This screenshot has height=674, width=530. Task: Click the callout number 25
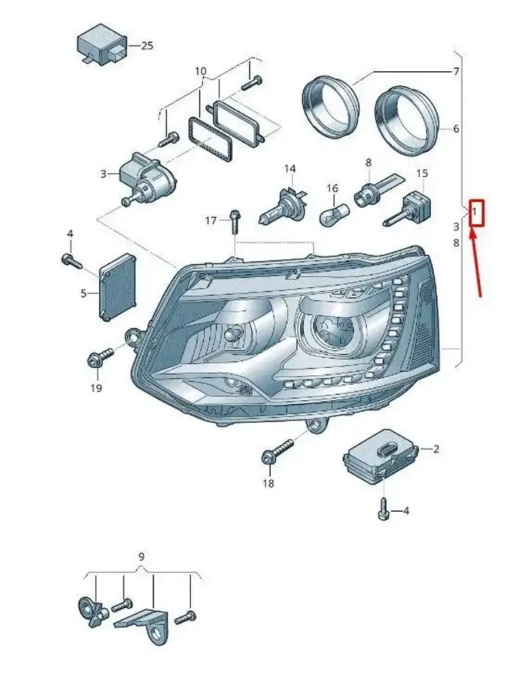(x=147, y=46)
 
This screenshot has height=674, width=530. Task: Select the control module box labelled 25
(x=102, y=43)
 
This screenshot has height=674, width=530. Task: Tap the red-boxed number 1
(x=474, y=212)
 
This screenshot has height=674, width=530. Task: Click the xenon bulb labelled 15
(x=407, y=210)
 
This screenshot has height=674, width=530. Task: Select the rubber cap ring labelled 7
(x=330, y=106)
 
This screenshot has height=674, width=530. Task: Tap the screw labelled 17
(x=235, y=222)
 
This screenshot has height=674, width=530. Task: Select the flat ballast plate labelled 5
(x=117, y=287)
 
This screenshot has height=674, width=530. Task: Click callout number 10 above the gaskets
(x=200, y=71)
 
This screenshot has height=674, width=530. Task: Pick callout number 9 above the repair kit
(x=142, y=557)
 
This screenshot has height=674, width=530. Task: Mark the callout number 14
(x=290, y=169)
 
